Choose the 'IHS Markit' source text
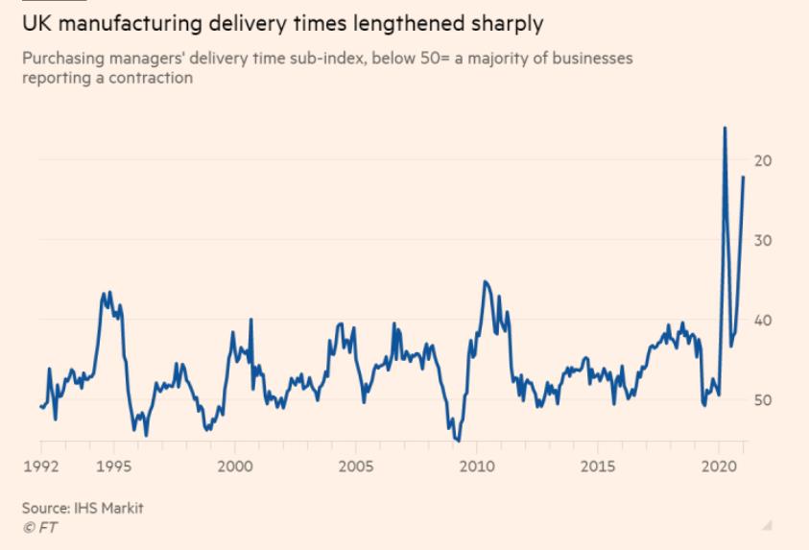(x=110, y=508)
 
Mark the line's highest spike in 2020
(x=725, y=128)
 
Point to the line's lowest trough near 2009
(x=458, y=441)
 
